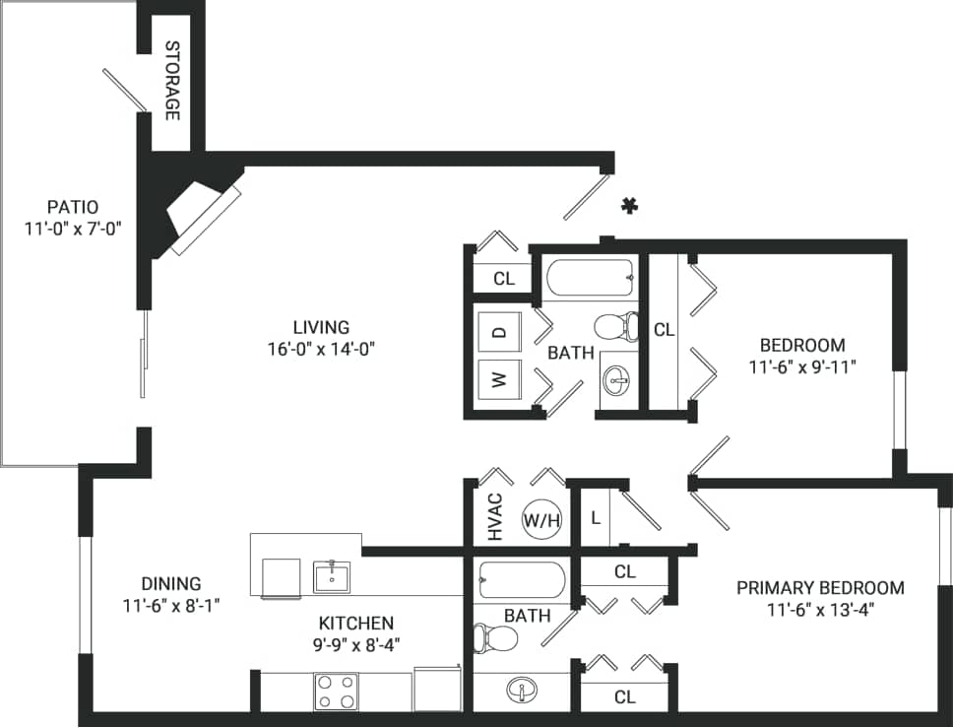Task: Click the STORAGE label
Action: (x=171, y=81)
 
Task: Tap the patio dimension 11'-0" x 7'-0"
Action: (x=73, y=229)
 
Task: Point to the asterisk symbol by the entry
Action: (x=629, y=206)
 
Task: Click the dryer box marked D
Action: (x=499, y=332)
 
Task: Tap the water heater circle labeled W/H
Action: (x=540, y=519)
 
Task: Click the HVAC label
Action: (x=495, y=517)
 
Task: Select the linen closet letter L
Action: (x=596, y=517)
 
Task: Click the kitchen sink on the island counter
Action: (x=332, y=576)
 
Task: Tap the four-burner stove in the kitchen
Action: (x=336, y=692)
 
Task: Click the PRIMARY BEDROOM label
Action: (x=820, y=588)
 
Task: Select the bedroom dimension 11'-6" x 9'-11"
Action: (x=801, y=367)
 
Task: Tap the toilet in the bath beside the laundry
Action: (x=618, y=325)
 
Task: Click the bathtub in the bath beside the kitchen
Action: (x=521, y=581)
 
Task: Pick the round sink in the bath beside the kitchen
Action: (x=519, y=689)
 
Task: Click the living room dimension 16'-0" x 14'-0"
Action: (x=321, y=348)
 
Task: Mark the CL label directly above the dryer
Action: (x=504, y=278)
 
